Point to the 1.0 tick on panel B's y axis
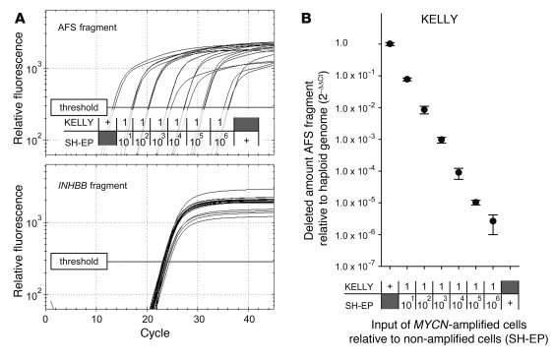pyautogui.click(x=367, y=43)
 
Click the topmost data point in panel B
pyautogui.click(x=391, y=43)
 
